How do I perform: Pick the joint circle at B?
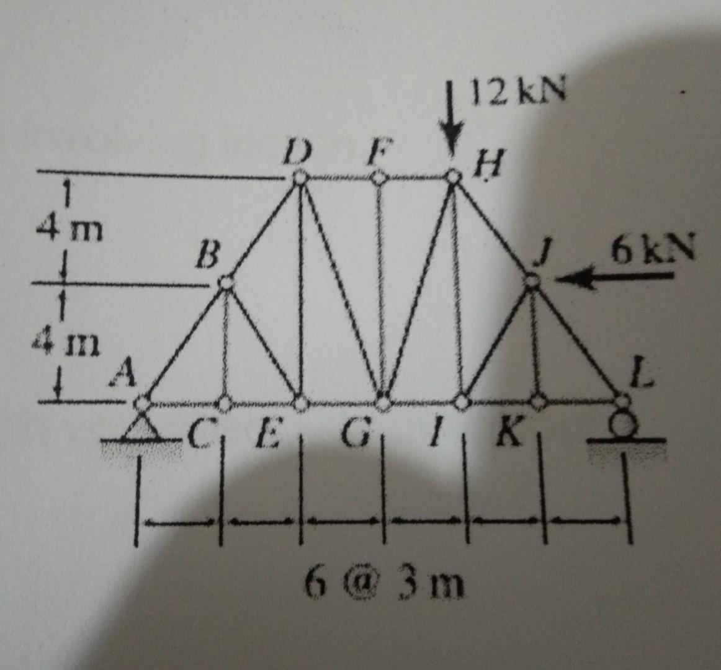click(x=226, y=282)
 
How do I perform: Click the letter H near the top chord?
click(x=484, y=166)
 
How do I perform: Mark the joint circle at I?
click(x=461, y=403)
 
